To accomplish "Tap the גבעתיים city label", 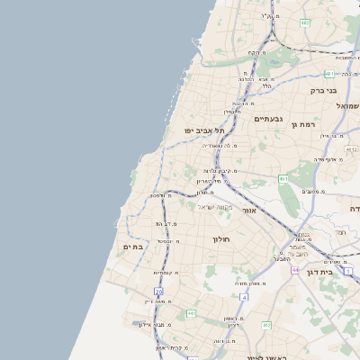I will click(x=269, y=119).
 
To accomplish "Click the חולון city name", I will click(x=222, y=239).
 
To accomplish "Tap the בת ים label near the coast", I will click(x=133, y=247).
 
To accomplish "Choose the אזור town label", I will click(x=249, y=210).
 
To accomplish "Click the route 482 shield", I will click(x=304, y=22).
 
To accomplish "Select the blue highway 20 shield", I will click(x=159, y=292).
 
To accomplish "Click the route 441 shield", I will click(x=191, y=312).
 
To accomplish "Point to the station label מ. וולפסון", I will click(x=157, y=195).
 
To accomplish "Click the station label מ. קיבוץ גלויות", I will click(x=219, y=170).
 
